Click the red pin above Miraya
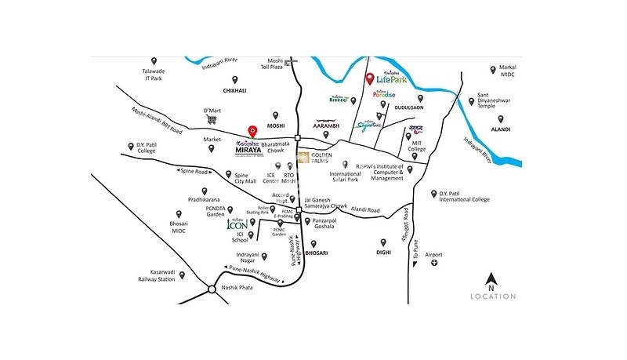click(x=252, y=131)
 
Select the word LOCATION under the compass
click(x=492, y=296)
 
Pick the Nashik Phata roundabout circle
click(x=212, y=289)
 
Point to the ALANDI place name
click(x=501, y=129)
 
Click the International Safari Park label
click(x=346, y=177)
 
